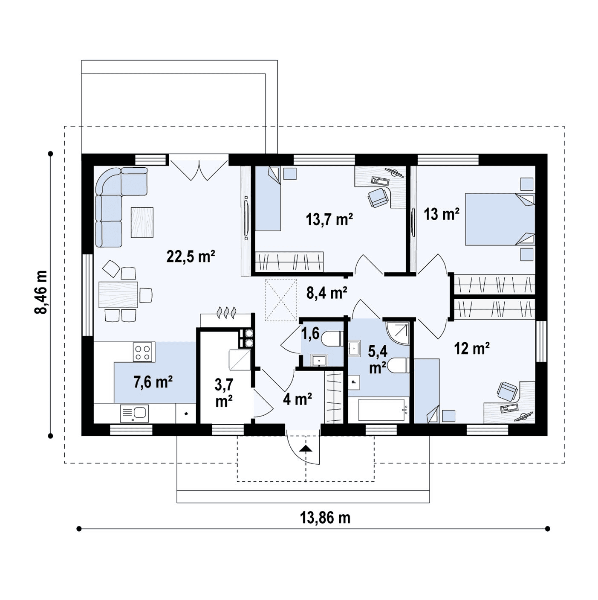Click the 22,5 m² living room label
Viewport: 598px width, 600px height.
point(191,256)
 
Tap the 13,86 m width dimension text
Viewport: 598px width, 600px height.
point(325,518)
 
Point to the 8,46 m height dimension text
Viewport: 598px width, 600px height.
point(41,292)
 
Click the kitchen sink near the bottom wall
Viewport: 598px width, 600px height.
point(134,413)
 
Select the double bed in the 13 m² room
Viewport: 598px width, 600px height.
point(500,219)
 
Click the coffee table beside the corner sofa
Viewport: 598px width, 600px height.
point(142,222)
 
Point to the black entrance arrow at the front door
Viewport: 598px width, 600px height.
point(306,449)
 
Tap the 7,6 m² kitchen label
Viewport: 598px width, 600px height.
point(153,382)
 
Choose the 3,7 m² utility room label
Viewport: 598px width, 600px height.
point(224,393)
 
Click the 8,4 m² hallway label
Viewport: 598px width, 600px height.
point(327,293)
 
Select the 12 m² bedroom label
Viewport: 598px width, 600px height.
point(472,348)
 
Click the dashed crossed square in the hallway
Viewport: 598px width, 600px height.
point(280,300)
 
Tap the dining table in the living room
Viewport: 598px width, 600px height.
point(118,294)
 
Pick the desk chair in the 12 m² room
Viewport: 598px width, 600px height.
point(508,391)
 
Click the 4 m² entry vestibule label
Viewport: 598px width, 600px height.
point(298,399)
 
